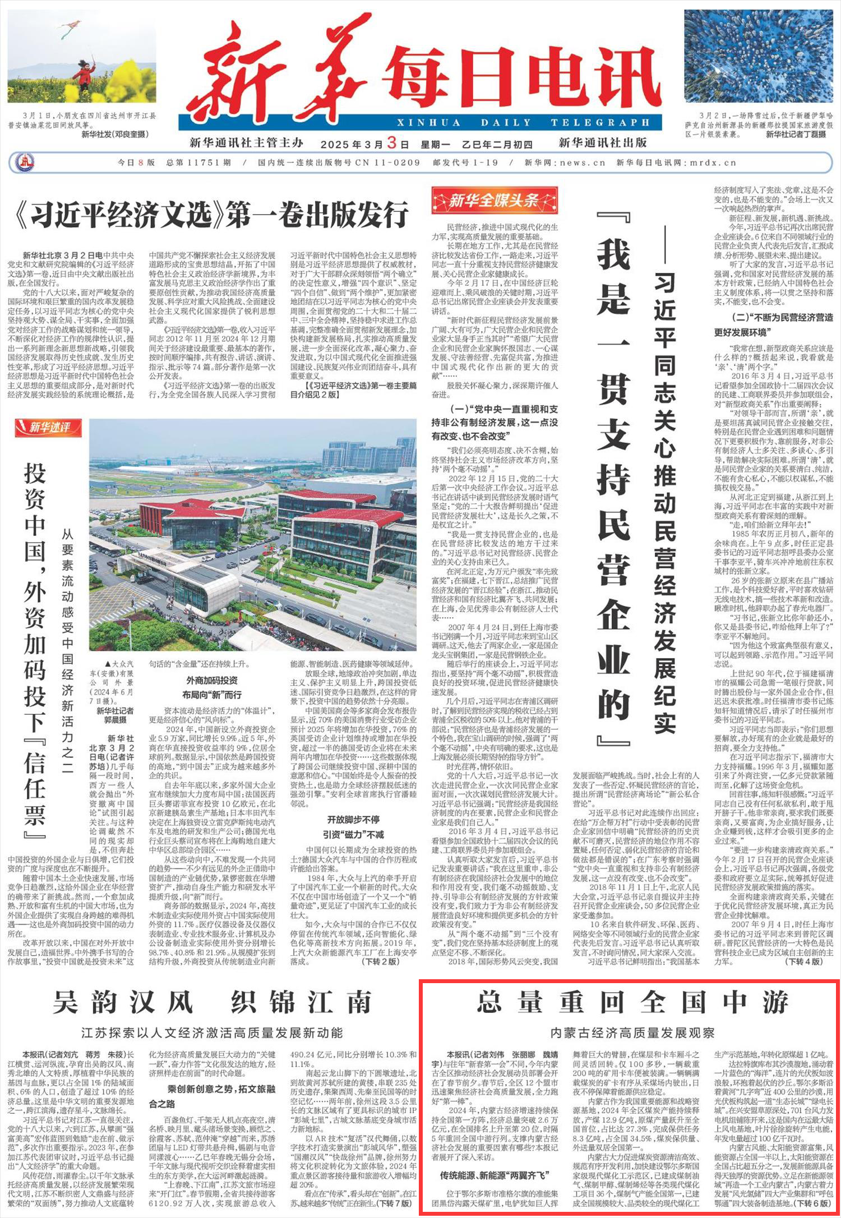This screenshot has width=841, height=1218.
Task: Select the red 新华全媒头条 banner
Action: point(494,201)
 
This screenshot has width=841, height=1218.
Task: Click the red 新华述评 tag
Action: point(49,428)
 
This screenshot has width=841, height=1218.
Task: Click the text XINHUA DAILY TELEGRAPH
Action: point(524,123)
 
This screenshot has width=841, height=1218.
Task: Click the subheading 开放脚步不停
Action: point(353,819)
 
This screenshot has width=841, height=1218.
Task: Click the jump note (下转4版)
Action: point(804,961)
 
